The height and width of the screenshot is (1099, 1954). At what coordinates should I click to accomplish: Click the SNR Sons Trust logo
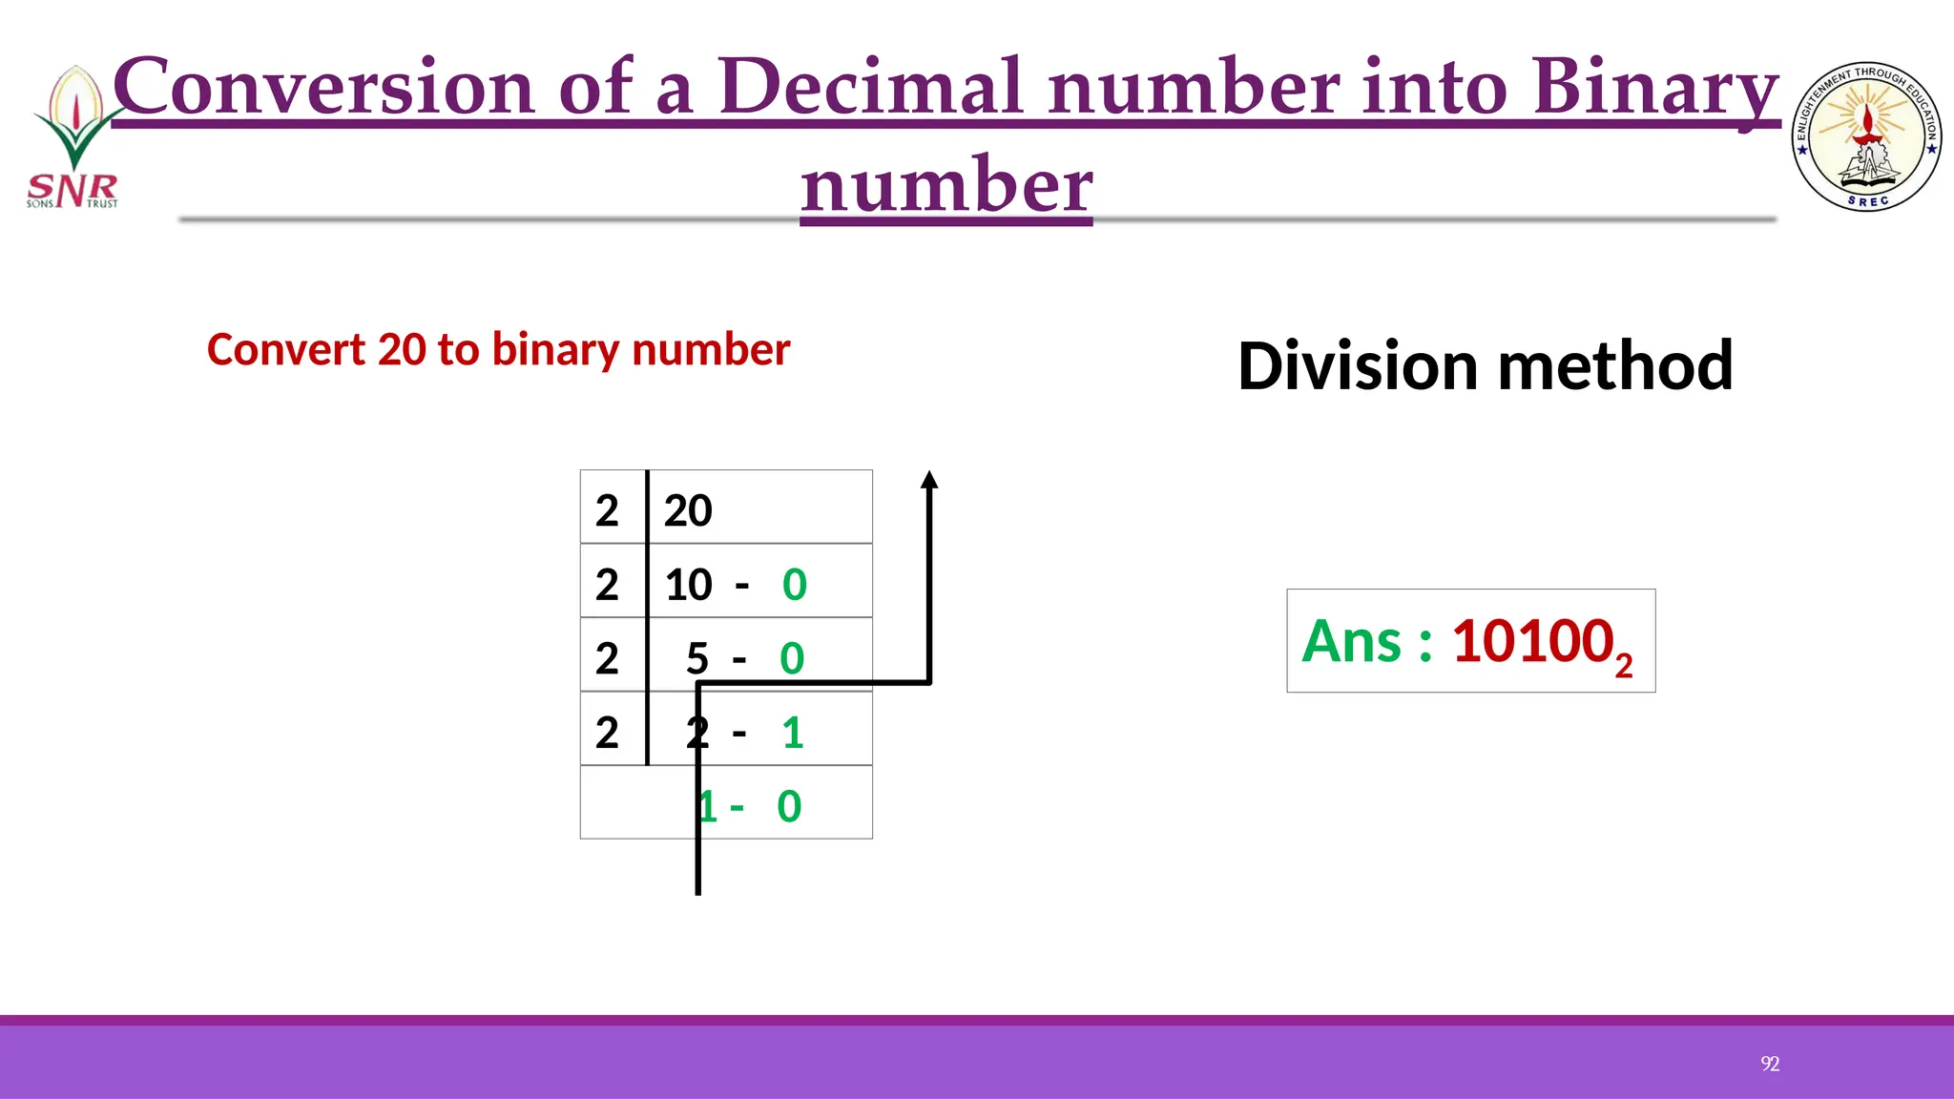73,138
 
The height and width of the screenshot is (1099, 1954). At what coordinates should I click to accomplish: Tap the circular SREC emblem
1867,136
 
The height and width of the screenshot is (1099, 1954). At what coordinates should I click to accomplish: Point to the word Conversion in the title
323,87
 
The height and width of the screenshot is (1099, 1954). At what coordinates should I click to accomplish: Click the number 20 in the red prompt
402,350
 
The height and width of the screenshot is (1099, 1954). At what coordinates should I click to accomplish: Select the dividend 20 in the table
688,510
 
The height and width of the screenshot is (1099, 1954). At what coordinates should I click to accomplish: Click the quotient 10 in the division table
688,585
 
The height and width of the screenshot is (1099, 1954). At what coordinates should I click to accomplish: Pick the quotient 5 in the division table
697,658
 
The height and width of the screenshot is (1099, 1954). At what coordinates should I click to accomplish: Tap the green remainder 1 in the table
792,733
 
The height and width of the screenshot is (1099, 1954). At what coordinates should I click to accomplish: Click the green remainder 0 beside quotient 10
795,585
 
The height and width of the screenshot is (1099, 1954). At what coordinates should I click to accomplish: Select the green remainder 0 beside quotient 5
792,658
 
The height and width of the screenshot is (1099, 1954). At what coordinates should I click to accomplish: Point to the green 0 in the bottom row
789,807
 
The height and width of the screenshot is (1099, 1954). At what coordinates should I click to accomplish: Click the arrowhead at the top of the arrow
929,480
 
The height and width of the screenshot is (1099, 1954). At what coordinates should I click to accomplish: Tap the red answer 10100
1532,641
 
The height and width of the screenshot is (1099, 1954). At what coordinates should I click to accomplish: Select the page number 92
1770,1064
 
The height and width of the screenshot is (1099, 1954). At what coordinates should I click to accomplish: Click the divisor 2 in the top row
607,510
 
